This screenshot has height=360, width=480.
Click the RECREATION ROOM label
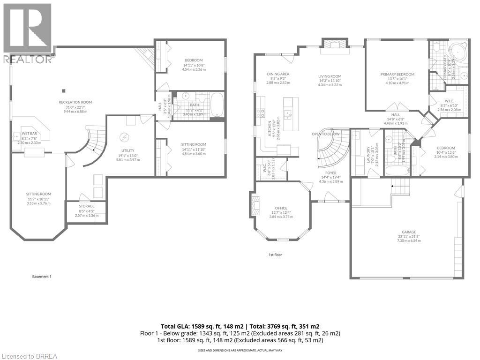coord(75,102)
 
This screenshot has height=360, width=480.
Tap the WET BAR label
coord(29,134)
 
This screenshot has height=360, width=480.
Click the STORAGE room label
coord(87,206)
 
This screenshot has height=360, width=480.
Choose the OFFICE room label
coord(281,208)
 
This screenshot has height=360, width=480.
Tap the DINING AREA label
coord(278,74)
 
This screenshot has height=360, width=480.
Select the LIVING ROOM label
coord(330,76)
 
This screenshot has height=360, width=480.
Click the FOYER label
coord(331,172)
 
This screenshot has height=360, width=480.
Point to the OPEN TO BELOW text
coord(325,134)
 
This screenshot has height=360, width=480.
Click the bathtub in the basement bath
coord(217,105)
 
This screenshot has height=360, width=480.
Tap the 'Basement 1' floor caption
coord(42,277)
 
